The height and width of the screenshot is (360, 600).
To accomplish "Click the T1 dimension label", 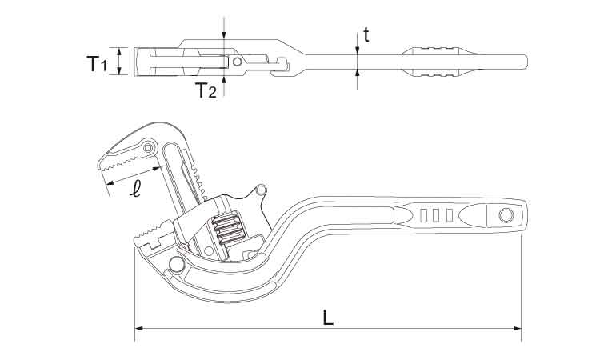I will pyautogui.click(x=96, y=63).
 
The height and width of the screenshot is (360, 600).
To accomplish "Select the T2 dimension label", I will pyautogui.click(x=206, y=90).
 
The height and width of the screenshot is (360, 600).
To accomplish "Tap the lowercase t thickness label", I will pyautogui.click(x=366, y=34).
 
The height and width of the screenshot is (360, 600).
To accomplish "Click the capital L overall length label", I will pyautogui.click(x=328, y=316).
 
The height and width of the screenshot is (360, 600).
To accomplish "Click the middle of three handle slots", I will pyautogui.click(x=436, y=214).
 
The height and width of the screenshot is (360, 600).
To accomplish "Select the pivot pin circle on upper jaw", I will pyautogui.click(x=149, y=147).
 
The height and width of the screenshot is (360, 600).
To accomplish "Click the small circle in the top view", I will pyautogui.click(x=237, y=61).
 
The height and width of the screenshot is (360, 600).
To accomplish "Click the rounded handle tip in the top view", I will pyautogui.click(x=524, y=61).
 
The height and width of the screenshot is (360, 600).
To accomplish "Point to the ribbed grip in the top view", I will pyautogui.click(x=437, y=61).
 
